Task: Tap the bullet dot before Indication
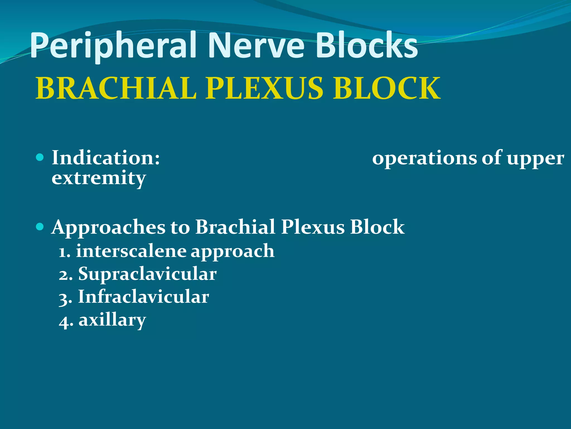point(40,158)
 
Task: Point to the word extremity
point(99,178)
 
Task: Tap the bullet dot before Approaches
point(40,226)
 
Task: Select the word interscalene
point(131,251)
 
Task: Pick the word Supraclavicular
point(147,274)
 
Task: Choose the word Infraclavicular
point(143,297)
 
